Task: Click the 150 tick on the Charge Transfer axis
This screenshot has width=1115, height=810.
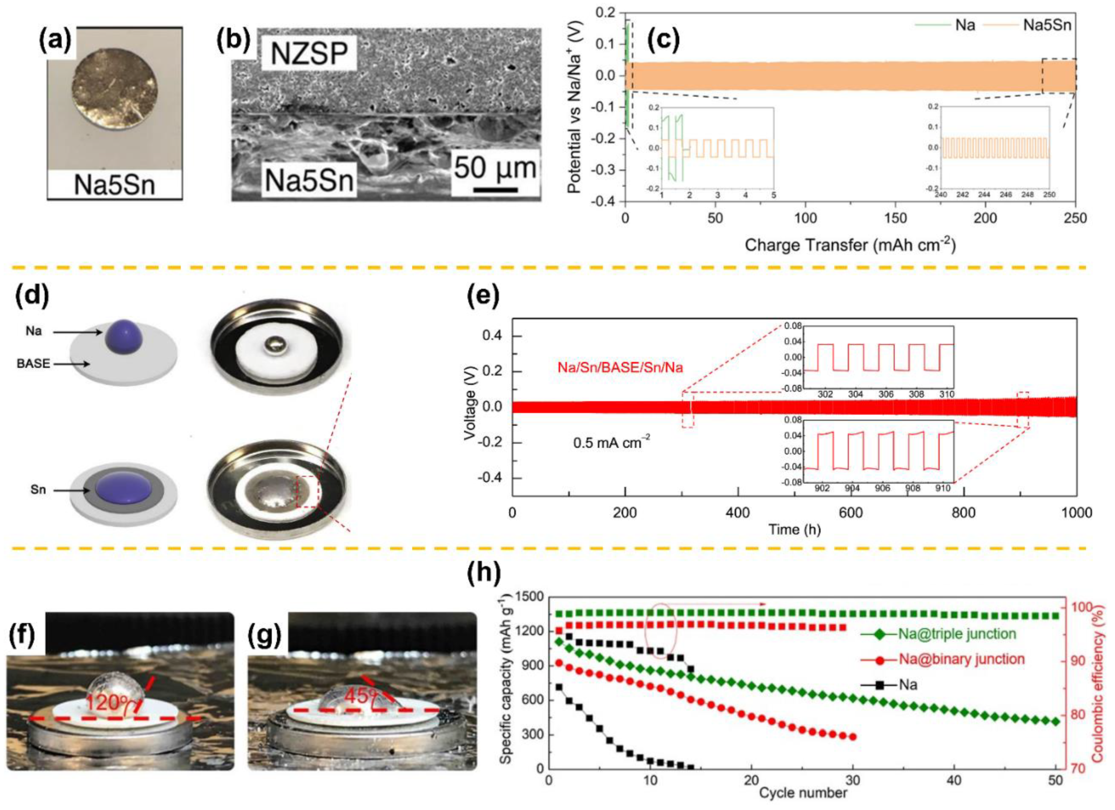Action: pos(895,218)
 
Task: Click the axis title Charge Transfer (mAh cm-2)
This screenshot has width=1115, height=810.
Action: pos(850,245)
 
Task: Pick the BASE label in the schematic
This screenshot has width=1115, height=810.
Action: pos(33,363)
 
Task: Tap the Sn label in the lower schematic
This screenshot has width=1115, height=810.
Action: pos(38,490)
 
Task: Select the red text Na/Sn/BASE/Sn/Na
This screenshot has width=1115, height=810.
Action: pos(620,367)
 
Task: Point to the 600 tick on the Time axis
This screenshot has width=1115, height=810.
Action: pos(850,513)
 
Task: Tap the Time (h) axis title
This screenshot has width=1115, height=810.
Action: pos(794,530)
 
